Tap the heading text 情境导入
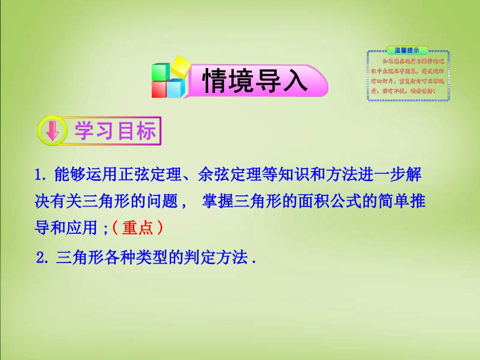(255, 81)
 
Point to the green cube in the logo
(161, 72)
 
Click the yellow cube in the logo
(180, 66)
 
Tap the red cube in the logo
(159, 89)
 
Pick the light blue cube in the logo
(176, 88)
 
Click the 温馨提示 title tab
(407, 50)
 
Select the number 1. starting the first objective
(41, 176)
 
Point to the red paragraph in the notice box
(408, 76)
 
